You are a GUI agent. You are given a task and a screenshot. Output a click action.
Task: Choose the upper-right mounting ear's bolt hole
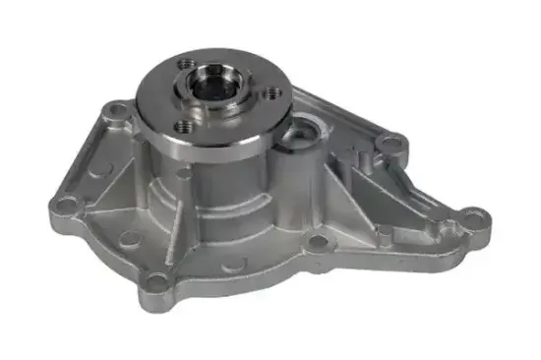tap(392, 145)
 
